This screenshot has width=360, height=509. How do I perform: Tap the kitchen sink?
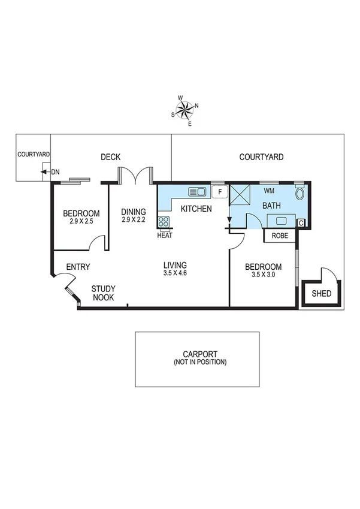coord(197,192)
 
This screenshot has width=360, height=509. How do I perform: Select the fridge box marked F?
coord(220,192)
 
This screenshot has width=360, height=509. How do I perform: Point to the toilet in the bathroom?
coord(300,194)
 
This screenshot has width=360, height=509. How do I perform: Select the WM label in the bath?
coord(269,191)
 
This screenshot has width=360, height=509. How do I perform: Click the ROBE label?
coord(280,236)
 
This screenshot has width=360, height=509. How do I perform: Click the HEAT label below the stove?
coord(165,236)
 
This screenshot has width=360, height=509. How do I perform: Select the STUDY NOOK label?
coord(103,293)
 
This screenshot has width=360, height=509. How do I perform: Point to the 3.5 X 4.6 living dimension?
coord(176,274)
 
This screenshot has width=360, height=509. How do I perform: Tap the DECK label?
coord(110,157)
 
